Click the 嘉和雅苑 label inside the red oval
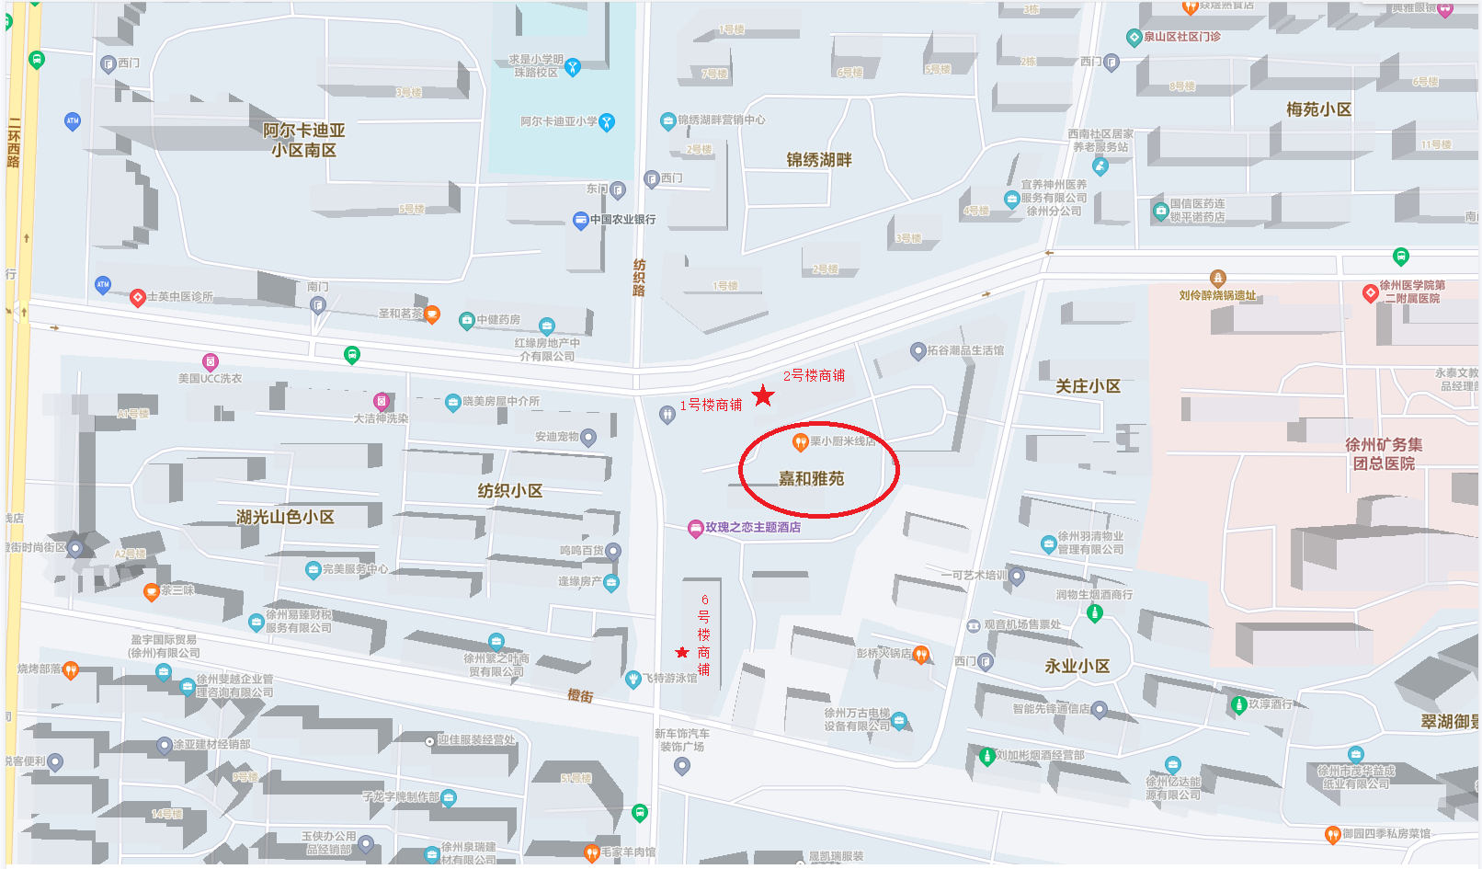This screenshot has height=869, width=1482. (x=811, y=479)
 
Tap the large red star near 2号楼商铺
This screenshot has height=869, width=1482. (x=763, y=396)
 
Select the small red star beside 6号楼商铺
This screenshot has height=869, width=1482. (x=682, y=653)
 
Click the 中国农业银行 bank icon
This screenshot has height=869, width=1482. (x=580, y=220)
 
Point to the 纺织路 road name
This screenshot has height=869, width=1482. (x=639, y=277)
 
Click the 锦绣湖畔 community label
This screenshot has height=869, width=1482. (x=818, y=160)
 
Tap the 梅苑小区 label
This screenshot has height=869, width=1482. (x=1318, y=109)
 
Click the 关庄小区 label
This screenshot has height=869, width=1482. (x=1088, y=386)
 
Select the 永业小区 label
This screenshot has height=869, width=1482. (x=1077, y=666)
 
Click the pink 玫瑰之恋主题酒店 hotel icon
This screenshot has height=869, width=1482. (x=696, y=528)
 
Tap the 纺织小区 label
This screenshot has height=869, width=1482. (x=509, y=491)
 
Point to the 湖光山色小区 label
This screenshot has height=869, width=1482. (x=285, y=517)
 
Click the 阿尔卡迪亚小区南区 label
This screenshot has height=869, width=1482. (x=303, y=140)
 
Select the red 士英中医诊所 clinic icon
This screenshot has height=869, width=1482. (x=138, y=297)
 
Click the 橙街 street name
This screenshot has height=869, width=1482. (x=580, y=696)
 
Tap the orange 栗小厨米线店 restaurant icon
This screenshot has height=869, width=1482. (x=800, y=441)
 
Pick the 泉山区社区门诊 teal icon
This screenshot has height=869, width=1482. (x=1134, y=38)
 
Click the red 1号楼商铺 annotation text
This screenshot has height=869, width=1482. (x=711, y=406)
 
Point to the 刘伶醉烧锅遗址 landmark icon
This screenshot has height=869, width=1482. (x=1218, y=278)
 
